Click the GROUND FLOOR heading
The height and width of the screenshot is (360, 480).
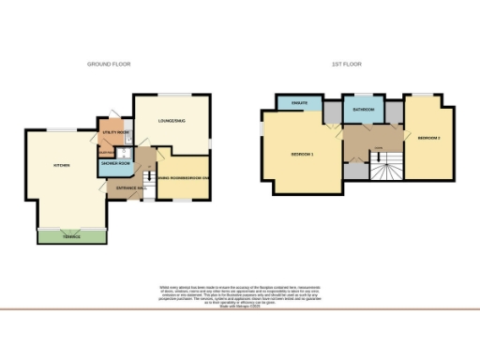[109, 65]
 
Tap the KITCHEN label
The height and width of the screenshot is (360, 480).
[62, 165]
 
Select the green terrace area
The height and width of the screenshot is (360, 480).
[71, 235]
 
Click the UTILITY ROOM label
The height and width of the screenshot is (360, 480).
[114, 134]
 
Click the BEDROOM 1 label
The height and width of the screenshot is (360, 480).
[302, 153]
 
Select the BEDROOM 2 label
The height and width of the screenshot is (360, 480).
[427, 138]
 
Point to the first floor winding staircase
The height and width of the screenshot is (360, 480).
[382, 170]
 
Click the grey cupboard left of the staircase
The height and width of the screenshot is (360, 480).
[353, 171]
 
